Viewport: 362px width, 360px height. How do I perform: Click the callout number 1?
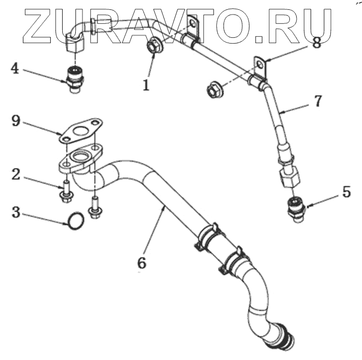pyautogui.click(x=147, y=85)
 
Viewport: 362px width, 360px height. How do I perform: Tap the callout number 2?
pyautogui.click(x=17, y=174)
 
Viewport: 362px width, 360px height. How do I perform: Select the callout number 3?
pyautogui.click(x=17, y=212)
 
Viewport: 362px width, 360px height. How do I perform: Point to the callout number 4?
pyautogui.click(x=15, y=68)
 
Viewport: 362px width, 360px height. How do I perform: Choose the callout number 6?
pyautogui.click(x=141, y=262)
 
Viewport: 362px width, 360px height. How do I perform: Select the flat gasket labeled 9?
pyautogui.click(x=81, y=130)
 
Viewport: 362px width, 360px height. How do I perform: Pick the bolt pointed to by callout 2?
pyautogui.click(x=65, y=190)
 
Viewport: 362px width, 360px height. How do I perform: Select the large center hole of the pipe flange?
pyautogui.click(x=81, y=156)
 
